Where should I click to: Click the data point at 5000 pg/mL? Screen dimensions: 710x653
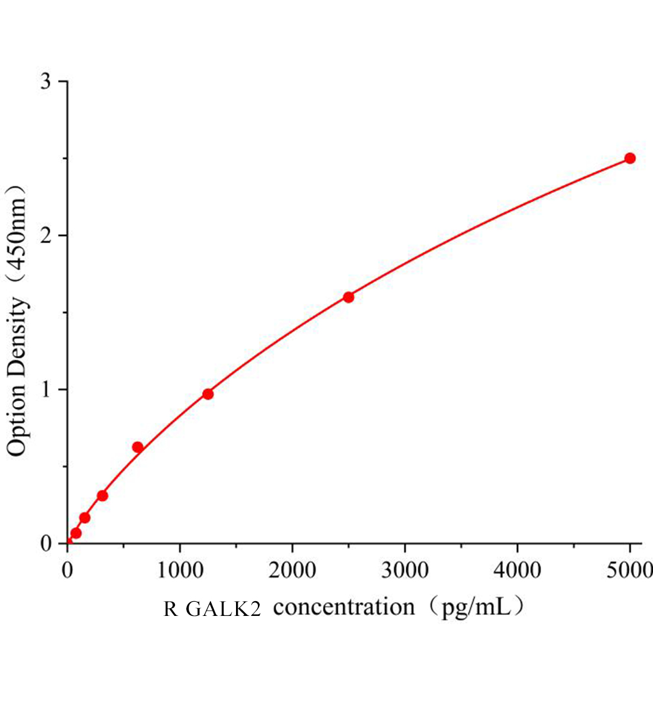pyautogui.click(x=630, y=158)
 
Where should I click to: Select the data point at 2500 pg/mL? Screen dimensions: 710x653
pyautogui.click(x=348, y=297)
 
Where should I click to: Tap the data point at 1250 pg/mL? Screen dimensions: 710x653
pyautogui.click(x=208, y=394)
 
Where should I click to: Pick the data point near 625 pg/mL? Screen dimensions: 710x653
pyautogui.click(x=138, y=447)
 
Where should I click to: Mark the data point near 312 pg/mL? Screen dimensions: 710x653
pyautogui.click(x=102, y=495)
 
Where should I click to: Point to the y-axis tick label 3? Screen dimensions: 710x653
pyautogui.click(x=46, y=82)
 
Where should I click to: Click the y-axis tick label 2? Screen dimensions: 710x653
pyautogui.click(x=46, y=235)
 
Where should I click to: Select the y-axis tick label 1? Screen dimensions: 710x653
pyautogui.click(x=46, y=390)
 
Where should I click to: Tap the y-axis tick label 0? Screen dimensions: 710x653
pyautogui.click(x=46, y=544)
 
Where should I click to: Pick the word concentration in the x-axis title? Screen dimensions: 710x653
pyautogui.click(x=344, y=608)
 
